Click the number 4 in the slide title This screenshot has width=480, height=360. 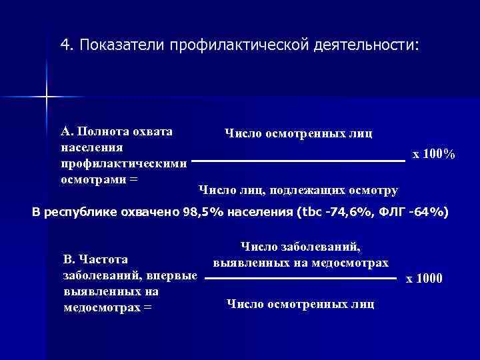[x=64, y=44]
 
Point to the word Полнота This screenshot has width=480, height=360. [x=107, y=131]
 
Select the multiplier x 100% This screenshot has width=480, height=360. [x=434, y=155]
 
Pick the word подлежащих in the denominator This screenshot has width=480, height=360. [x=309, y=191]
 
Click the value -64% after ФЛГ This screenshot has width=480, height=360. [x=431, y=213]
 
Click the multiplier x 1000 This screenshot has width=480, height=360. [x=424, y=277]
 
